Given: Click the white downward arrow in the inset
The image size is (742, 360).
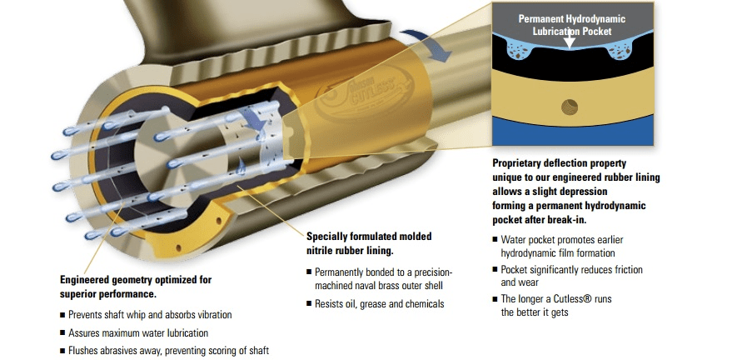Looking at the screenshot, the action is (x=570, y=42).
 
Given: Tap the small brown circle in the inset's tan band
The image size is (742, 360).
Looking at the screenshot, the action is (x=570, y=107).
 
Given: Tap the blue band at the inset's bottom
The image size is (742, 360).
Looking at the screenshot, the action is (x=573, y=133).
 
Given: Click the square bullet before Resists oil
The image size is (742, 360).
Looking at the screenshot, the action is (x=309, y=303).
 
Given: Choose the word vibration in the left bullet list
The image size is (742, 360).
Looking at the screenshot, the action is (x=213, y=314).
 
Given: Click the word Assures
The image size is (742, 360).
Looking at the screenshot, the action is (x=84, y=333).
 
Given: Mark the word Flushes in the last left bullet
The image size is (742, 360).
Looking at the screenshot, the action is (x=84, y=351).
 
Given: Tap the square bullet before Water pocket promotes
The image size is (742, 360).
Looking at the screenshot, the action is (x=495, y=240).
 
